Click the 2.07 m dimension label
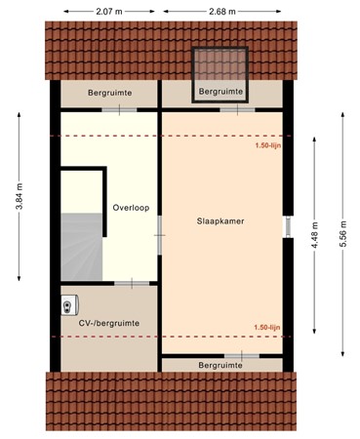[x=109, y=11]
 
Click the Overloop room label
[x=130, y=208]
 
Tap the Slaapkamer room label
[x=220, y=221]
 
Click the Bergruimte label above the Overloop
[x=109, y=94]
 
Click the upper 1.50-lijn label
[x=268, y=146]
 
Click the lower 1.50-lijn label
[x=268, y=328]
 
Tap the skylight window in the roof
[x=220, y=67]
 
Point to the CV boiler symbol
[x=69, y=304]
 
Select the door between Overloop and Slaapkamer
[x=161, y=226]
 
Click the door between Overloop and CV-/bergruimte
[x=131, y=283]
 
